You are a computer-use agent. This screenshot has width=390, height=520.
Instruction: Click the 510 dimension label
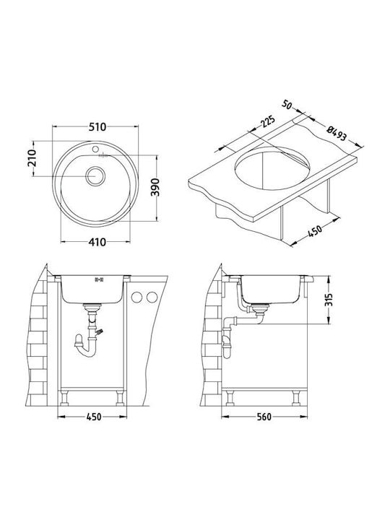97,126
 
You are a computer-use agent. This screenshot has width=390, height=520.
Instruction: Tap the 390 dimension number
155,187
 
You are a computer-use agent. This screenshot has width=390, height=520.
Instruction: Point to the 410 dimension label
97,242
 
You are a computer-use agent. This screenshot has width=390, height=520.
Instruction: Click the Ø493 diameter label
337,134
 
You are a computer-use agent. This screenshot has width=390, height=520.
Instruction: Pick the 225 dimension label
268,122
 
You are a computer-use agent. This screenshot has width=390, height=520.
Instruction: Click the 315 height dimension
329,300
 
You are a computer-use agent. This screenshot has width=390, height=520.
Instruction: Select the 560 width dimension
264,417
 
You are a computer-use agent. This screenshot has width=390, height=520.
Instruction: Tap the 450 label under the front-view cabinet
94,417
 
